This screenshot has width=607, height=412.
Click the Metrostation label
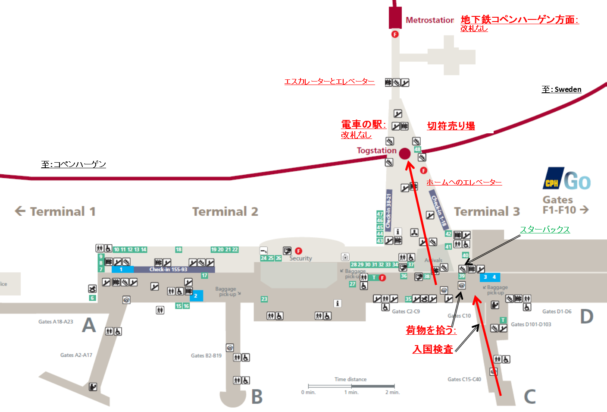pyautogui.click(x=429, y=20)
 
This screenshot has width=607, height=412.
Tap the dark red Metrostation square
pyautogui.click(x=395, y=18)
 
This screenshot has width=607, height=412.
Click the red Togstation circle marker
pyautogui.click(x=404, y=154)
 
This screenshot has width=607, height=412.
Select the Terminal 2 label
pyautogui.click(x=225, y=211)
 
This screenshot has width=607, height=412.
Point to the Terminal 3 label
pyautogui.click(x=487, y=211)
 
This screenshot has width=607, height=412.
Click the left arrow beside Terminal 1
pyautogui.click(x=20, y=211)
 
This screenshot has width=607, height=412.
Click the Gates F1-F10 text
pyautogui.click(x=559, y=205)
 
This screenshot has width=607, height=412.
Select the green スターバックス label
pyautogui.click(x=544, y=230)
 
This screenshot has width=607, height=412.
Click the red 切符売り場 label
pyautogui.click(x=451, y=126)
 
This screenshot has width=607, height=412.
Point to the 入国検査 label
pyautogui.click(x=432, y=349)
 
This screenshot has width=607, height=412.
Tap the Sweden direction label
pyautogui.click(x=561, y=89)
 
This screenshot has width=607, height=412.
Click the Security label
pyautogui.click(x=300, y=258)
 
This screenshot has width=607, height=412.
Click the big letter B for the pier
pyautogui.click(x=257, y=397)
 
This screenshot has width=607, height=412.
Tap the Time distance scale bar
pyautogui.click(x=351, y=386)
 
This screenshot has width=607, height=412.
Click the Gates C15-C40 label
pyautogui.click(x=464, y=379)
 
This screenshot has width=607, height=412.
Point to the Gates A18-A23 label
pyautogui.click(x=56, y=321)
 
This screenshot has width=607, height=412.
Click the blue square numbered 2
pyautogui.click(x=196, y=296)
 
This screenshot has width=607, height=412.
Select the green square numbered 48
pyautogui.click(x=417, y=149)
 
